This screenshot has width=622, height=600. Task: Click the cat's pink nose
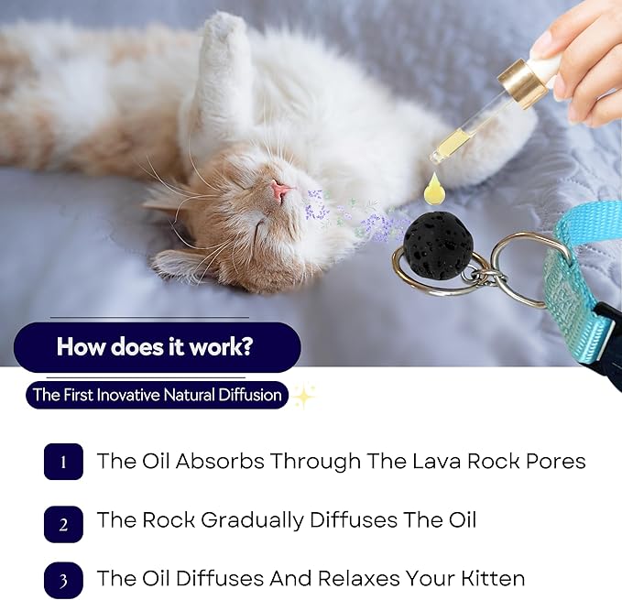[x=283, y=191]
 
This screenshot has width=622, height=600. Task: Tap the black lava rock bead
[x=439, y=243]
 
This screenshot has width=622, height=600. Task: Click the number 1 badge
[x=63, y=462]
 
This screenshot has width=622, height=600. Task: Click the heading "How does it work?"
[x=157, y=347]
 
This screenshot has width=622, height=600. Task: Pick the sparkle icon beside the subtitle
[x=303, y=396]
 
